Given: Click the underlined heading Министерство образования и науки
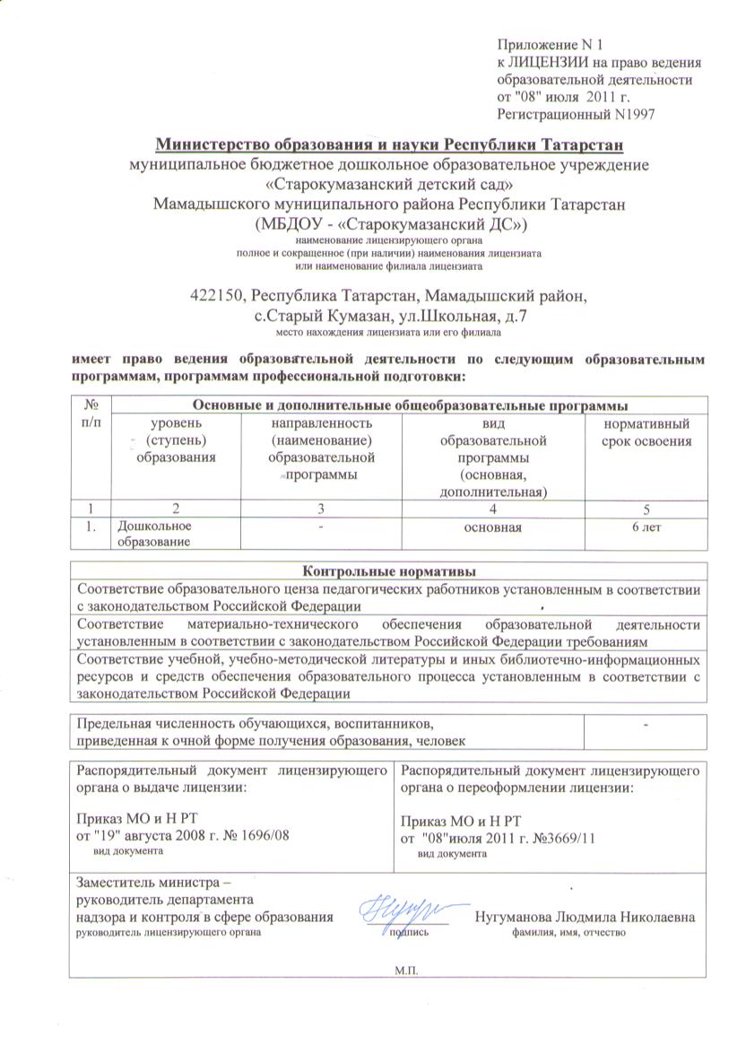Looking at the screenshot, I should point(389,145).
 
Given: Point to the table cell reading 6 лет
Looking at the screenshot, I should point(646,527).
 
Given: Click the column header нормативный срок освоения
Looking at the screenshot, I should point(646,432).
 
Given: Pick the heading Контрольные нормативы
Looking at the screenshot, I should point(388,571).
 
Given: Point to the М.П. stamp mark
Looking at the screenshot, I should point(406,971).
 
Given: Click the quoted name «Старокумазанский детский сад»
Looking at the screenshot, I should point(389,184).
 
